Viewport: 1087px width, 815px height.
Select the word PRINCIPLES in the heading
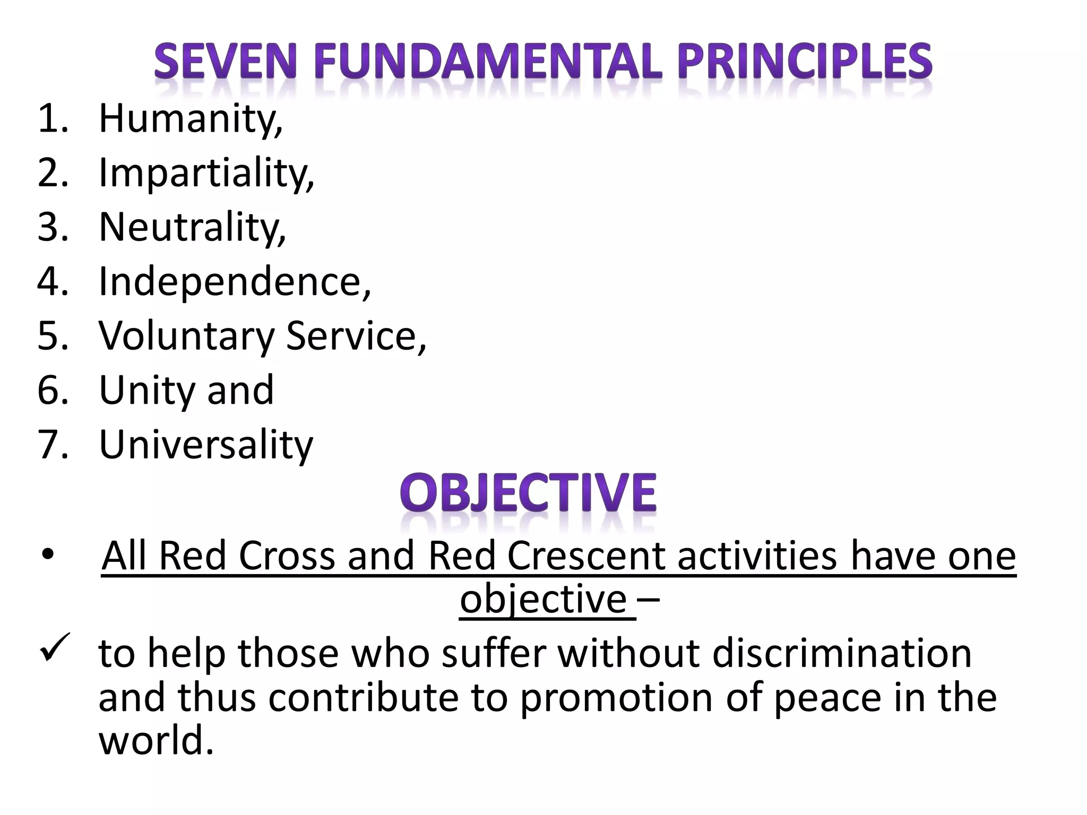click(805, 63)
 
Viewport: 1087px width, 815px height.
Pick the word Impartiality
click(206, 173)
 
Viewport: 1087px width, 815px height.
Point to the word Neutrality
click(192, 227)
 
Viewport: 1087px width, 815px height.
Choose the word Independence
click(234, 281)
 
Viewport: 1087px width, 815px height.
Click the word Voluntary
click(186, 336)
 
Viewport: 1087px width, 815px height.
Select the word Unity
click(148, 391)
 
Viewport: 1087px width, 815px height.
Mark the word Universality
click(206, 445)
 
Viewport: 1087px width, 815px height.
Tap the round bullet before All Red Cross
click(47, 555)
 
